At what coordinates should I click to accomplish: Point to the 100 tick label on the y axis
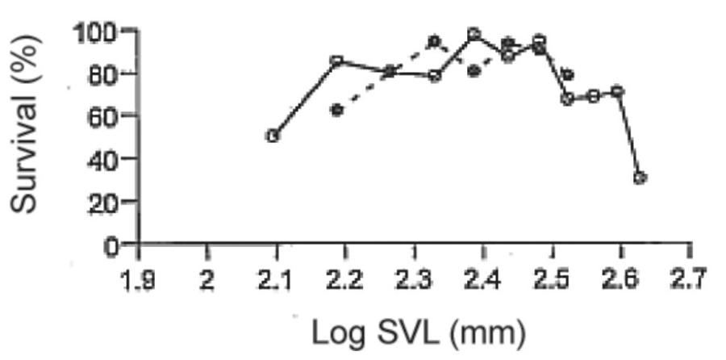96,33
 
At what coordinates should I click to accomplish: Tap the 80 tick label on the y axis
104,74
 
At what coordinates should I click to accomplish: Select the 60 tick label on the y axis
104,116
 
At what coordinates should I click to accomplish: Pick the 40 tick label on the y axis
104,159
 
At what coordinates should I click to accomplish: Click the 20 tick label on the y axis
104,201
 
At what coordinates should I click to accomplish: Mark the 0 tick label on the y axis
114,244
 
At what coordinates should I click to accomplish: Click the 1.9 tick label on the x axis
138,283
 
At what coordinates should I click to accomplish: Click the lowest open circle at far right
640,178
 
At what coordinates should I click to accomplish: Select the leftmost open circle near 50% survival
273,136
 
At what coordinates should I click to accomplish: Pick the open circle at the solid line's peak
474,34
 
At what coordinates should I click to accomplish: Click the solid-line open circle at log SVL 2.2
338,61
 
